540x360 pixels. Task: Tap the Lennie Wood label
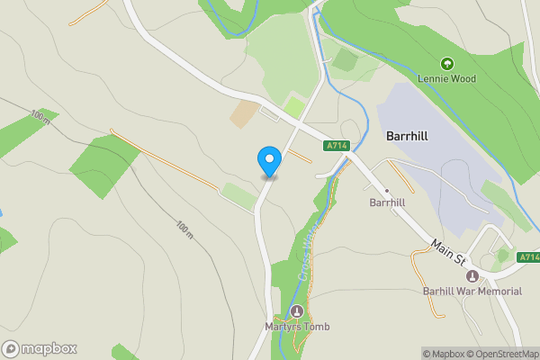click(x=446, y=78)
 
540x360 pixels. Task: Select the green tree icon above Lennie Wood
click(x=446, y=63)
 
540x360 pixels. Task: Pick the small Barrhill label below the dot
click(x=389, y=203)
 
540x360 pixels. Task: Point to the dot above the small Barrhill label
click(x=387, y=191)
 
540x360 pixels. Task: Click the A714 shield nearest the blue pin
click(x=337, y=145)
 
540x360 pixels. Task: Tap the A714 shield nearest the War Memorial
click(x=529, y=257)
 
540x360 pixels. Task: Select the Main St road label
click(x=447, y=253)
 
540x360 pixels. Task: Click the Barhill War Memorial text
click(x=472, y=291)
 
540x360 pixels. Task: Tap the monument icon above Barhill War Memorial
click(x=472, y=275)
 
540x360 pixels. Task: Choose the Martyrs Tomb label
click(x=297, y=326)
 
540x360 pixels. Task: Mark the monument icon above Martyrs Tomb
click(x=297, y=310)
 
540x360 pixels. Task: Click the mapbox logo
click(x=40, y=349)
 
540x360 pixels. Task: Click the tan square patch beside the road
click(x=243, y=114)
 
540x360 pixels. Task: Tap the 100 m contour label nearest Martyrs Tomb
click(x=184, y=230)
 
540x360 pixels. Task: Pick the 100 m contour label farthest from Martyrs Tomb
click(x=40, y=117)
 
